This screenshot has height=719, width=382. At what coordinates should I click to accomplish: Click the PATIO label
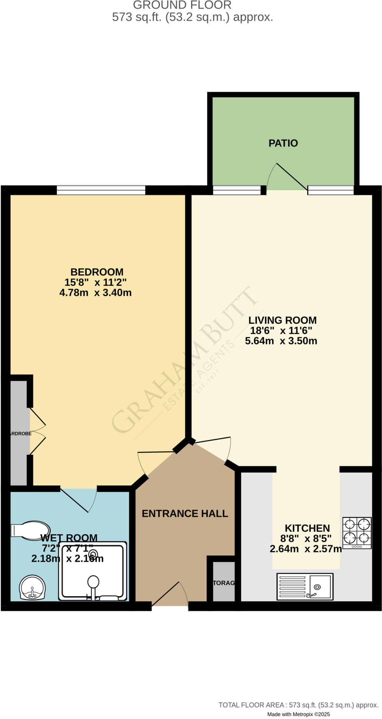(x=283, y=143)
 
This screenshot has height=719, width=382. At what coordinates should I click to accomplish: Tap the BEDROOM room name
(x=97, y=272)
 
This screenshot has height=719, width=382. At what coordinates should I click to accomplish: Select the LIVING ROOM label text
(x=282, y=320)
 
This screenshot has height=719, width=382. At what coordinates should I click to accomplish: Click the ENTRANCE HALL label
(x=185, y=514)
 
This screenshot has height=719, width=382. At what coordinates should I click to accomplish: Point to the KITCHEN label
(x=307, y=528)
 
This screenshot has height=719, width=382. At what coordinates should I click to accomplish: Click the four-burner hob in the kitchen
(x=357, y=533)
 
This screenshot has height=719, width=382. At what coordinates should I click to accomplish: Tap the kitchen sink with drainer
(x=305, y=586)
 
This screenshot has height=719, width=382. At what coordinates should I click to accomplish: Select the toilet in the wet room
(x=31, y=530)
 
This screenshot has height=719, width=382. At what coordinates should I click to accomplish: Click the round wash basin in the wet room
(x=32, y=587)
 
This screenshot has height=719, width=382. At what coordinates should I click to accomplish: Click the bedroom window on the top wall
(x=101, y=190)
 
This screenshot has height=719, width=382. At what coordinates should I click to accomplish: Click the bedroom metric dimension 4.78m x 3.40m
(x=95, y=293)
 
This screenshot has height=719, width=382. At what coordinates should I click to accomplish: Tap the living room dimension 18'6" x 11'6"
(x=281, y=330)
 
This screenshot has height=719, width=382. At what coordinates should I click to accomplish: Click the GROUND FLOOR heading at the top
(x=182, y=5)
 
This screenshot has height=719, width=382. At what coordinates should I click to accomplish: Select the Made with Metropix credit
(x=298, y=714)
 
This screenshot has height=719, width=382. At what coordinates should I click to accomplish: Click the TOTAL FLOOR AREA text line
(x=298, y=705)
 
